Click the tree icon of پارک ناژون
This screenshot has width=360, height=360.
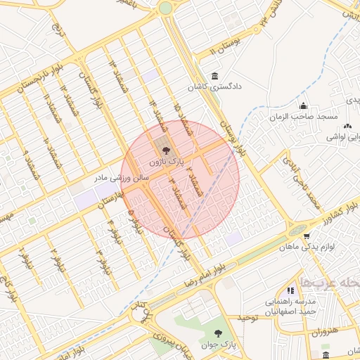166,150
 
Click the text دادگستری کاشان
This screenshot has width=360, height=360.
214,88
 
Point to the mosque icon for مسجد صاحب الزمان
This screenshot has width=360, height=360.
303,105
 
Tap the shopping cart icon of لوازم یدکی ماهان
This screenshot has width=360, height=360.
308,236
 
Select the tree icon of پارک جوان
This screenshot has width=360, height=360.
217,333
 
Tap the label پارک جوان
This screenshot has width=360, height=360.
217,345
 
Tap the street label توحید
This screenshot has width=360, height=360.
249,318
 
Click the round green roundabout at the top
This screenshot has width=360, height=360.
165,8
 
